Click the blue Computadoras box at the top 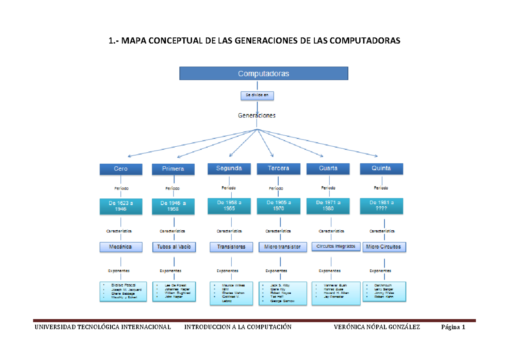(x=263, y=73)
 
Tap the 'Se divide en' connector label (x=257, y=96)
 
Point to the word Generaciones (x=257, y=115)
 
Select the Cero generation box (x=120, y=169)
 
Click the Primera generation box (x=173, y=169)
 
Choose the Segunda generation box (x=229, y=168)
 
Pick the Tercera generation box (x=278, y=168)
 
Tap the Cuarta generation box (x=328, y=168)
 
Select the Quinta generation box (x=381, y=168)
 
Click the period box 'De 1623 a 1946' (x=120, y=206)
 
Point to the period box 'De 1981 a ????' (x=381, y=206)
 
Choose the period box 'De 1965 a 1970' (x=278, y=206)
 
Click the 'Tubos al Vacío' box (x=174, y=247)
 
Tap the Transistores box (x=231, y=247)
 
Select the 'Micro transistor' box (x=282, y=247)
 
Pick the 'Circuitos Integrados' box (x=336, y=246)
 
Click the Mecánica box (x=120, y=246)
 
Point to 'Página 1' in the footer (x=453, y=327)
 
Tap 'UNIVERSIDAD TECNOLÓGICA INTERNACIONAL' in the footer (x=103, y=327)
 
